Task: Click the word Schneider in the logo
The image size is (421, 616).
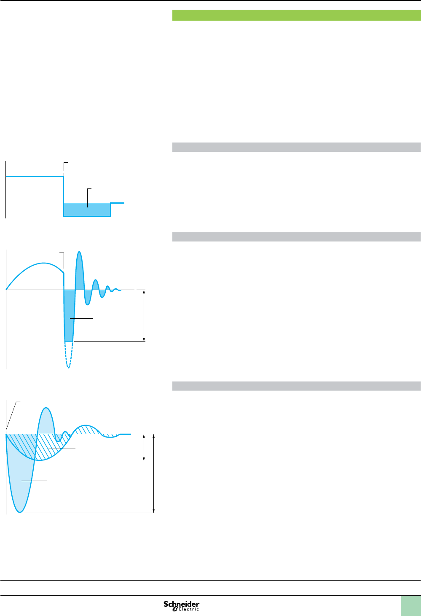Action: click(x=182, y=604)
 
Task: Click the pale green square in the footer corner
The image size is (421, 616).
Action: click(x=410, y=606)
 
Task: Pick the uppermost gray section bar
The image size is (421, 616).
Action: click(x=296, y=147)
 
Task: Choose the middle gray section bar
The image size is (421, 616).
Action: click(x=296, y=237)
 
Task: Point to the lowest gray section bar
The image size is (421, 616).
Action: click(x=296, y=386)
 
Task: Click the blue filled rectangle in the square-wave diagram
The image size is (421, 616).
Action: click(x=87, y=210)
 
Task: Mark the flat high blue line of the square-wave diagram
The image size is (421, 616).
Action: click(x=34, y=177)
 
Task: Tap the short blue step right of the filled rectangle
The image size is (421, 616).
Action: click(x=118, y=203)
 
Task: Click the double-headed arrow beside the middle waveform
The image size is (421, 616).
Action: click(x=144, y=315)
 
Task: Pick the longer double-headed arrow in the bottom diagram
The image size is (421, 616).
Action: click(x=154, y=473)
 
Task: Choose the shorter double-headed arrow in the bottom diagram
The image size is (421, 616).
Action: click(x=145, y=447)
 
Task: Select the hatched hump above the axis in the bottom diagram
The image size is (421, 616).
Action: click(x=86, y=429)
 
